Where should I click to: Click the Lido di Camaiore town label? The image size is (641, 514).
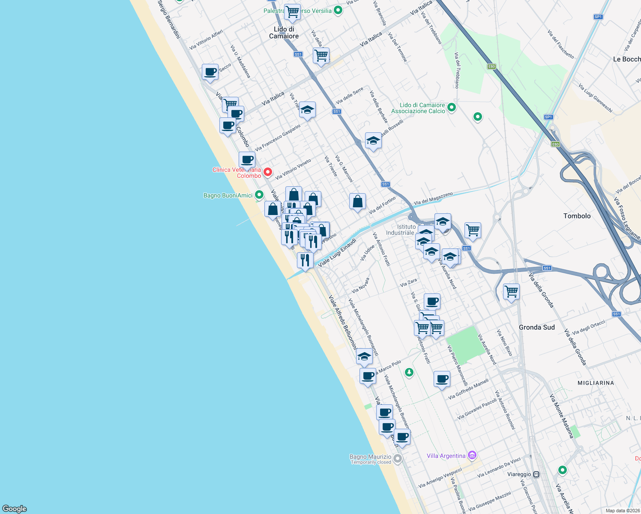tap(284, 33)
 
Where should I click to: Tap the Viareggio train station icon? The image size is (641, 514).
tap(536, 475)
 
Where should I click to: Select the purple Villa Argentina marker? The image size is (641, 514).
tap(472, 455)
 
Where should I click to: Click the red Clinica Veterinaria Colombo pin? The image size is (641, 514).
tap(268, 172)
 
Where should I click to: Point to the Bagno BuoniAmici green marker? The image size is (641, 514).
tap(259, 195)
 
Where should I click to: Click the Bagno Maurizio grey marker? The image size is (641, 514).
tap(398, 459)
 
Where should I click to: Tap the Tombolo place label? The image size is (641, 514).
tap(577, 216)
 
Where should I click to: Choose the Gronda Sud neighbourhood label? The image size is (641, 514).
tap(536, 327)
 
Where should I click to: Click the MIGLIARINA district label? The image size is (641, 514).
tap(596, 383)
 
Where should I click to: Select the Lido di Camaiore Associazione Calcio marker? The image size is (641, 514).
tap(451, 108)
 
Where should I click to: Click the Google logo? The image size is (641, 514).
tap(15, 508)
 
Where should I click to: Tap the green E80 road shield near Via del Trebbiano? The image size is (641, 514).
tap(491, 66)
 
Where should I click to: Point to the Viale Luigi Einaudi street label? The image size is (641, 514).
tap(337, 252)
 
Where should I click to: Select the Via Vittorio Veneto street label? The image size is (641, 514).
tap(293, 169)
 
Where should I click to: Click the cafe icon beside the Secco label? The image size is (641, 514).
tap(210, 72)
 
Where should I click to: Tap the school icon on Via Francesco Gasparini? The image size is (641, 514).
tap(307, 110)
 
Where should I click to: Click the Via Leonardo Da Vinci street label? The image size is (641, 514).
tap(499, 467)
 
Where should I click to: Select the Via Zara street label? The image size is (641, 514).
tap(408, 282)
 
